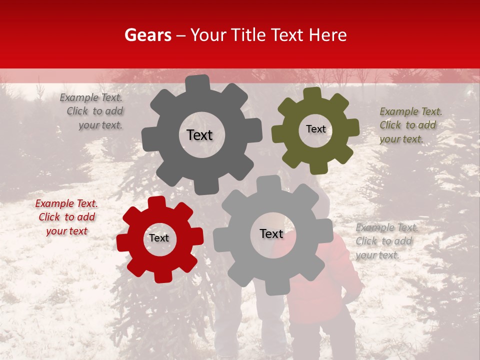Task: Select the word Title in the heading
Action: pyautogui.click(x=250, y=35)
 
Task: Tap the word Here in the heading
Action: pyautogui.click(x=328, y=35)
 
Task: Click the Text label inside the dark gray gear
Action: pyautogui.click(x=199, y=135)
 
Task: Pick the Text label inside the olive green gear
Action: pyautogui.click(x=315, y=129)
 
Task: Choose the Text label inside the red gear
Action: pyautogui.click(x=159, y=238)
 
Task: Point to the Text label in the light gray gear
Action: pyautogui.click(x=271, y=233)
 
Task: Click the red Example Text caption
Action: pyautogui.click(x=66, y=217)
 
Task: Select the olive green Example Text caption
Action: pyautogui.click(x=410, y=125)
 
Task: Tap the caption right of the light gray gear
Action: pyautogui.click(x=386, y=241)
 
